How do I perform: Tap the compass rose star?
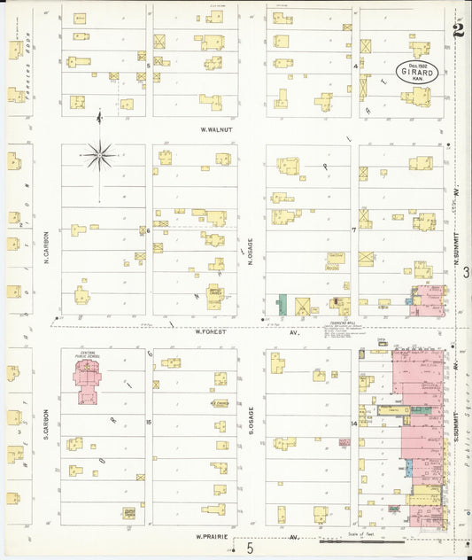(100, 157)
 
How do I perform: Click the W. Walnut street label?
(216, 129)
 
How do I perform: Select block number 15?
(149, 422)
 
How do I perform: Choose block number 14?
(353, 424)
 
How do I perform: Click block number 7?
(353, 229)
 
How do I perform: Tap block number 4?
(355, 66)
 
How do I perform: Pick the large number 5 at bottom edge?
(250, 550)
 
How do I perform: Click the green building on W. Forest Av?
(282, 304)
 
